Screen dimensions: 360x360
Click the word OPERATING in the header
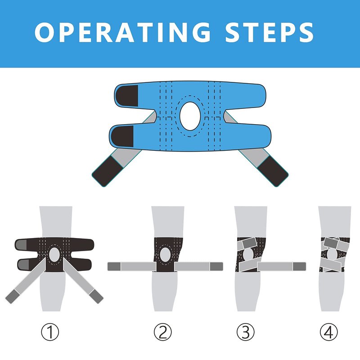coord(122,32)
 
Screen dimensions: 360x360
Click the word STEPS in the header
coord(270,32)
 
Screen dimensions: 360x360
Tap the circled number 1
coord(50,332)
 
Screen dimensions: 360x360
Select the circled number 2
coord(163,332)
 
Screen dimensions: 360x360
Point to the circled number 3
coord(245,332)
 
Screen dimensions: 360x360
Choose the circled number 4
coord(329,332)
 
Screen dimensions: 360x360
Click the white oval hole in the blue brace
coord(190,116)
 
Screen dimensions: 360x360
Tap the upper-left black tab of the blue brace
coord(127,96)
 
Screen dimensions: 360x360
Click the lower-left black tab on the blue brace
coord(122,136)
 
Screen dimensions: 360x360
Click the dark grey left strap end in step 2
coord(114,266)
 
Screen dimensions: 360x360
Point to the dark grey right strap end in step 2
coord(216,266)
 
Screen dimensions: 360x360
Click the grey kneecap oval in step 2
coord(165,255)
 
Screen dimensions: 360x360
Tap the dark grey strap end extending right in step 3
coord(299,266)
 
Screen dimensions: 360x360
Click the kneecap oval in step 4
coord(332,255)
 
